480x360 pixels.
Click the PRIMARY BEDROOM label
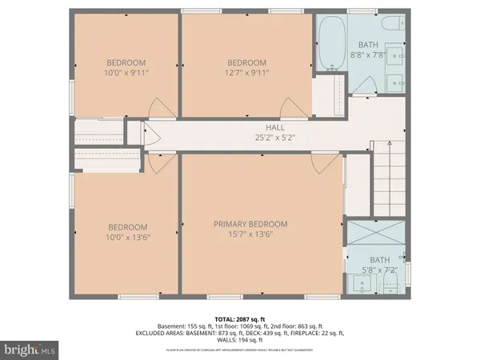coord(250,224)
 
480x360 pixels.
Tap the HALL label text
coord(275,127)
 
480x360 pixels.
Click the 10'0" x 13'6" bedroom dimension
coord(126,238)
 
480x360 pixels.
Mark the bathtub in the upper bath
coord(331,43)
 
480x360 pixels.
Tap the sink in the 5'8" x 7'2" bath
coord(358,283)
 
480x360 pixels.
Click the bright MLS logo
coord(30,349)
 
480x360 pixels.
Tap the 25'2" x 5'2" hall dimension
coord(275,138)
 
